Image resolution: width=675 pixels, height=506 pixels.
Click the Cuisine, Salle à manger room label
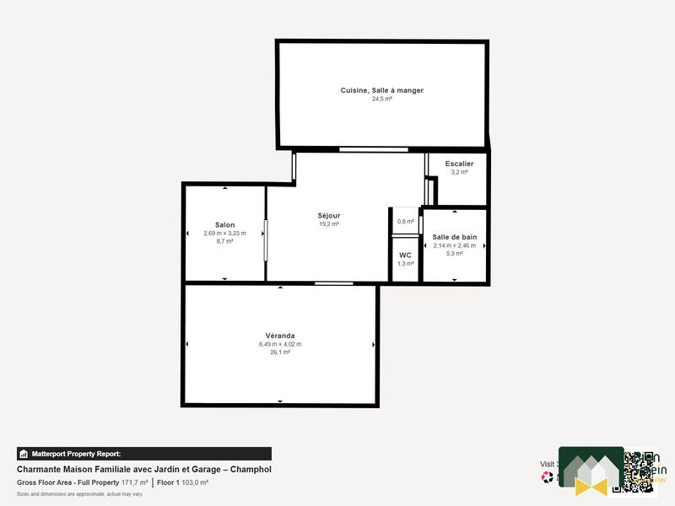[381, 90]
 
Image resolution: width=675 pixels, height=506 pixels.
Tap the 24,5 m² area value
[381, 99]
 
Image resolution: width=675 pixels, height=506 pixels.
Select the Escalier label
[459, 164]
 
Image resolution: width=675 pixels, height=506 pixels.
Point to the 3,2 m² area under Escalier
[459, 172]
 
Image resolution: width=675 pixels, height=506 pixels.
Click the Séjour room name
[328, 216]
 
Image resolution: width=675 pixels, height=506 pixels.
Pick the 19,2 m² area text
[328, 224]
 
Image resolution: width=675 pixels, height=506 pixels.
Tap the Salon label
[224, 224]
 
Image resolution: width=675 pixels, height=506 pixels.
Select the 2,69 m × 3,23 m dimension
[224, 233]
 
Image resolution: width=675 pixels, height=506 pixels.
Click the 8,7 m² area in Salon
[224, 241]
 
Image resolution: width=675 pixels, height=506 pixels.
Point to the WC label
[405, 255]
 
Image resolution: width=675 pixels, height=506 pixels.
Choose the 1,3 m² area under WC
[405, 263]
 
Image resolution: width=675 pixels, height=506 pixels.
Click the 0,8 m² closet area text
[405, 221]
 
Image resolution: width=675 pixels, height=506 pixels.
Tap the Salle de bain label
[454, 237]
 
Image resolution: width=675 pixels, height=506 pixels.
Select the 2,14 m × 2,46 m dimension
[454, 245]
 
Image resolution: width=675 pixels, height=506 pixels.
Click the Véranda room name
[279, 336]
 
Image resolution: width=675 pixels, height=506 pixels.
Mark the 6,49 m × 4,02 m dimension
[279, 344]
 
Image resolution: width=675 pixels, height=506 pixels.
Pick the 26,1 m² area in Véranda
[279, 353]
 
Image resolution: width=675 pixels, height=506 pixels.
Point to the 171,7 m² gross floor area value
[135, 482]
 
